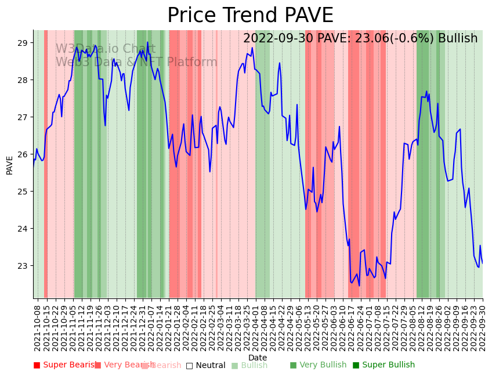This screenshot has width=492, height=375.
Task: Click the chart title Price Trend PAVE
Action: coord(250,15)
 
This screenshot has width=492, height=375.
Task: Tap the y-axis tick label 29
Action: coord(23,43)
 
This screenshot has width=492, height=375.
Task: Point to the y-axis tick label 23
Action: coord(23,266)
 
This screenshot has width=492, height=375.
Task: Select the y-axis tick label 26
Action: coord(23,154)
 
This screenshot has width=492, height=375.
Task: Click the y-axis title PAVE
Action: coord(10,165)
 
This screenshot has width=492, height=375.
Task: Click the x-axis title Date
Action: coord(258,358)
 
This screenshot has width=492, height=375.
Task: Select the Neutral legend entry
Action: coord(205,365)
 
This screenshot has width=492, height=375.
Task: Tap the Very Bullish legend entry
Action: coord(318,365)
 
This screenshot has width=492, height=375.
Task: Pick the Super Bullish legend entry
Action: coord(384,365)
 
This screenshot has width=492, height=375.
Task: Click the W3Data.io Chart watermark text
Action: coord(105,49)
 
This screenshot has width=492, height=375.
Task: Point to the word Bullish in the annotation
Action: coord(458,38)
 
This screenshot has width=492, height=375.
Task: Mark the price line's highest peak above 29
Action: coord(147,42)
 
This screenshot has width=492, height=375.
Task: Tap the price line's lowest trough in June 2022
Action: coord(359,286)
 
